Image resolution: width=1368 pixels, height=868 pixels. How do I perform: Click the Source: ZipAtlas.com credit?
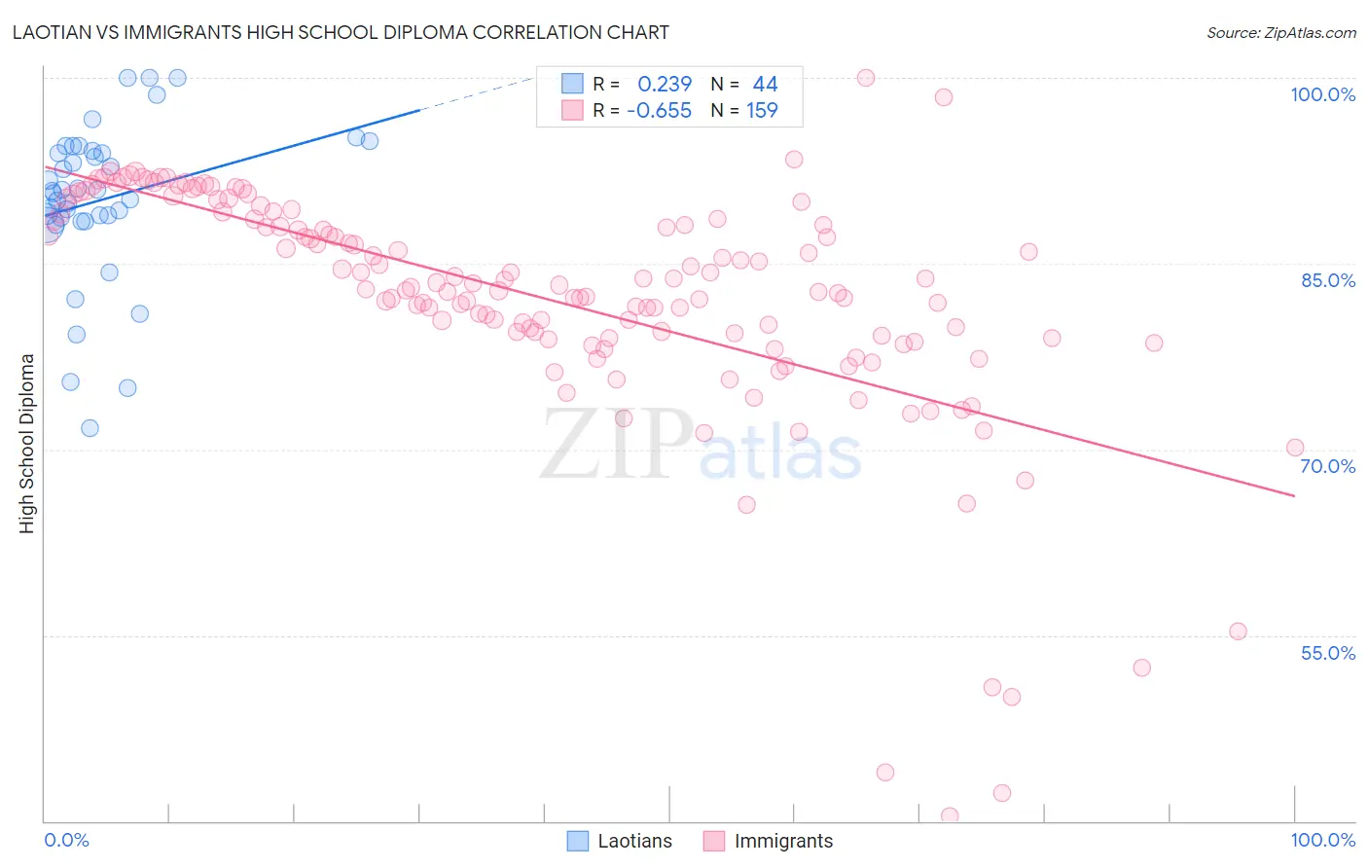coord(1280,32)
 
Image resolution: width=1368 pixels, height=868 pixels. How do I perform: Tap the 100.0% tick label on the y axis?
coord(1322,94)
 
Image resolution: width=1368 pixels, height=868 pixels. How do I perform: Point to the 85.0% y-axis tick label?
coord(1328,280)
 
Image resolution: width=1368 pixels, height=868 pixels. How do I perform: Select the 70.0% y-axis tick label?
coord(1328,466)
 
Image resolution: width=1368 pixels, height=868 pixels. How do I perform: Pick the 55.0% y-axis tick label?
coord(1328,653)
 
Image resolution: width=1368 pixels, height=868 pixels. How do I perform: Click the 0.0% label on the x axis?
coord(66,840)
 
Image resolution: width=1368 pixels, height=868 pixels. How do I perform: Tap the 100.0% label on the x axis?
coord(1322,840)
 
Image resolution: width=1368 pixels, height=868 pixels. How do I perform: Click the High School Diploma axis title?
coord(26,443)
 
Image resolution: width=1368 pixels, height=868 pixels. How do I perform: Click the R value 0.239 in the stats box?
coord(665,85)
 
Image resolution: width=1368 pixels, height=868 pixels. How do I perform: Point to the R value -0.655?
coord(659,111)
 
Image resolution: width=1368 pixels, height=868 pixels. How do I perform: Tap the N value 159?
coord(762,111)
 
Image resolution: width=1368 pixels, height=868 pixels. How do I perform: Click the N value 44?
coord(765,85)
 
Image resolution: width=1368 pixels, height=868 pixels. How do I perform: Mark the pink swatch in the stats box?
coord(572,110)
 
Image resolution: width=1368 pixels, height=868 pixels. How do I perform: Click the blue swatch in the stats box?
coord(572,84)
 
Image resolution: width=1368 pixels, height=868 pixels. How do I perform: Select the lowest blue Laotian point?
coord(90,428)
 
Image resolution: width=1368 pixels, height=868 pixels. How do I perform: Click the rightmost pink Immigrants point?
coord(1295,448)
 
